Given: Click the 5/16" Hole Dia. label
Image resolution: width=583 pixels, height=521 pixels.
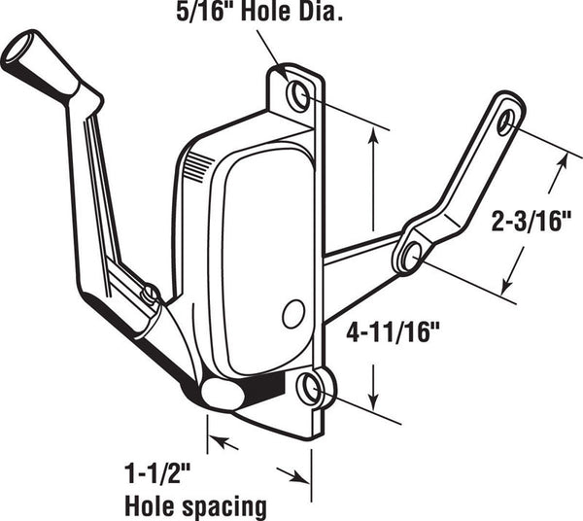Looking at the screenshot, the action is point(259,12).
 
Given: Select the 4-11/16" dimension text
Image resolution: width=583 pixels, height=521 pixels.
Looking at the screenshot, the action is point(393,332).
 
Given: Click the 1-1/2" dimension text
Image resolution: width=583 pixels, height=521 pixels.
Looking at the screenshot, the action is point(158,473).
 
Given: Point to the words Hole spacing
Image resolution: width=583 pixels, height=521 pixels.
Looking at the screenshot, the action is point(196,506).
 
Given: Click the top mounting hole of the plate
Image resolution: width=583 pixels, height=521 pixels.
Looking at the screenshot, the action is point(298,96).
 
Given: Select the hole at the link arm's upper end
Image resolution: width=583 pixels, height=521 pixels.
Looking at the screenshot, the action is point(506,122).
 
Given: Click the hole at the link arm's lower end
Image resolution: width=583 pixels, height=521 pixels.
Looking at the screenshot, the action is point(410,256).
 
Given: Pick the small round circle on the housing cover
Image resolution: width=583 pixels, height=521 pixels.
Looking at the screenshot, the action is point(293,314).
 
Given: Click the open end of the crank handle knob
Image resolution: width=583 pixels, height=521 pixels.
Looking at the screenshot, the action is point(16,48).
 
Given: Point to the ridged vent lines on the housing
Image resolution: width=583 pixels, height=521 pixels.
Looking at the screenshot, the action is point(198,167).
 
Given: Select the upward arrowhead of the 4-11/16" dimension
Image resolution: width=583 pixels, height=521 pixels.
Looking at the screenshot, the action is point(374,136).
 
